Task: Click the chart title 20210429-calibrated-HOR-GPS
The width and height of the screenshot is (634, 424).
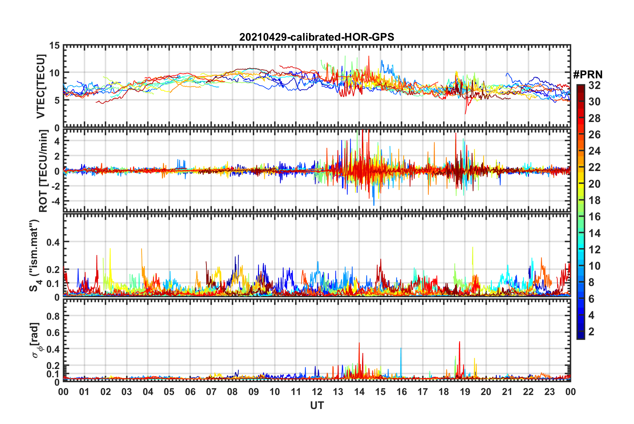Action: [317, 37]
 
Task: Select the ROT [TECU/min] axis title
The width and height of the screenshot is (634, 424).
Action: [43, 171]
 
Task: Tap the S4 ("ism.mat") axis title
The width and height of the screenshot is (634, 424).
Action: [35, 255]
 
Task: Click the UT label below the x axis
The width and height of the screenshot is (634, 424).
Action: [317, 405]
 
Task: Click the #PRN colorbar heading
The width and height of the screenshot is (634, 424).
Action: [588, 75]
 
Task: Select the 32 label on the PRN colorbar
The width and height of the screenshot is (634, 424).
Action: [594, 85]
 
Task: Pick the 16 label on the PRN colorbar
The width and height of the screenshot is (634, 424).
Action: [594, 217]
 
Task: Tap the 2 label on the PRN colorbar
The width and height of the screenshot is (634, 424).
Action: [591, 331]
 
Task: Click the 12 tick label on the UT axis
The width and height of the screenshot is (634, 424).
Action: [317, 392]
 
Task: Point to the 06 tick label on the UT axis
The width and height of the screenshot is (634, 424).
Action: [190, 392]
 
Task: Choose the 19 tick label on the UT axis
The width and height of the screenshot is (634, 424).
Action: [465, 392]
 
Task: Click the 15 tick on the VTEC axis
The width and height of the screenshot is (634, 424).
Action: [54, 46]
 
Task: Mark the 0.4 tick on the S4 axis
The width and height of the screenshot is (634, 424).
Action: [53, 242]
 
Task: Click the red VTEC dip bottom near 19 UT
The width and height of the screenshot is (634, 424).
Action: [466, 113]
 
